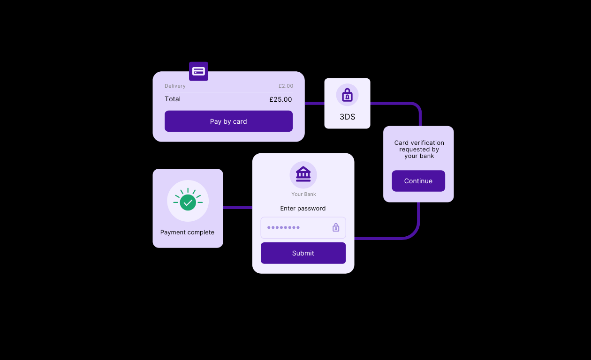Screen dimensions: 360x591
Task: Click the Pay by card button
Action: coord(228,121)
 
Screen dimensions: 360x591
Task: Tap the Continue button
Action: coord(418,181)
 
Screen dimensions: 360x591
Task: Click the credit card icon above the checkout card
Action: coord(198,71)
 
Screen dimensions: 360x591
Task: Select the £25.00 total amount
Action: coord(280,99)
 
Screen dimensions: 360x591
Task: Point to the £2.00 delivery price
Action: coord(286,86)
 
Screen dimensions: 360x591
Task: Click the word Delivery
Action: coord(175,86)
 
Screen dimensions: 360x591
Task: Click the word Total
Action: coord(173,99)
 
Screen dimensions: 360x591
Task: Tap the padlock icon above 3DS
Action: coord(347,95)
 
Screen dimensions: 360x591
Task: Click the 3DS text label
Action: coord(347,117)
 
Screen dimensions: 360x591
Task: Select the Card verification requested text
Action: coord(419,149)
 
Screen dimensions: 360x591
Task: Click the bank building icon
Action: coord(303,174)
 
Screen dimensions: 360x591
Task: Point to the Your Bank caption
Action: coord(303,194)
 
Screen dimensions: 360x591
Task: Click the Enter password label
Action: coord(303,208)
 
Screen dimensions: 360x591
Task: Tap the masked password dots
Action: coord(283,227)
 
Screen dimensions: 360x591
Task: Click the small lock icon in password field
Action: coord(336,227)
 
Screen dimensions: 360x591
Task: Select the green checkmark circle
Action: coord(188,202)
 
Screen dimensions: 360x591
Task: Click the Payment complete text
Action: coord(187,232)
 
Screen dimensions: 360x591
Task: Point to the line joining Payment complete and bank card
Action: coord(237,207)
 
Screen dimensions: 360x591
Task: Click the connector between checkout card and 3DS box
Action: coord(314,103)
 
